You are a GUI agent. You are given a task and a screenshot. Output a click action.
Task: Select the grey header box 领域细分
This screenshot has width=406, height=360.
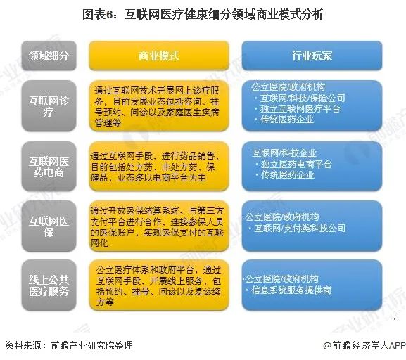(49, 56)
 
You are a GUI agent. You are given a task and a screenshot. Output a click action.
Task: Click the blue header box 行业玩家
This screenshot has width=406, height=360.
(311, 56)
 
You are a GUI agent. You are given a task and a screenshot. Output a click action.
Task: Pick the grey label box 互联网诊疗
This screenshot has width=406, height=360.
(49, 105)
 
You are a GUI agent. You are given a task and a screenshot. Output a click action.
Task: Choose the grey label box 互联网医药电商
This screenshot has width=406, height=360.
(49, 166)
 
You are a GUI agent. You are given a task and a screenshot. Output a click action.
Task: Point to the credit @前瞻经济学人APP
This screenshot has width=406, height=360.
(365, 345)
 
